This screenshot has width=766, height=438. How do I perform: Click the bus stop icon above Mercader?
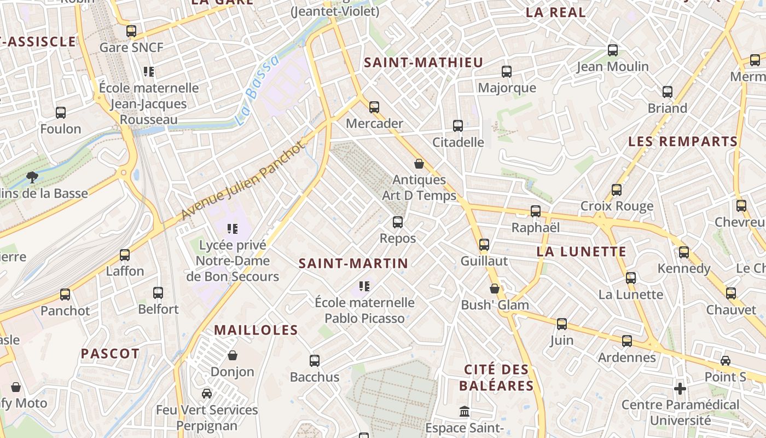[x=374, y=107]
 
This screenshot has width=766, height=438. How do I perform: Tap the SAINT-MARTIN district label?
[x=353, y=263]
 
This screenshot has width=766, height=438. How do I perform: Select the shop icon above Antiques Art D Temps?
[x=419, y=164]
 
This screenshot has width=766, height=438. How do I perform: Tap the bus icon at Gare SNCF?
[x=131, y=31]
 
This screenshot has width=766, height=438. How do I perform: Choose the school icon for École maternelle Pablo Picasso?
[x=364, y=286]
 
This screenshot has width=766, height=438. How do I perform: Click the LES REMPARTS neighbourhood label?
[x=683, y=142]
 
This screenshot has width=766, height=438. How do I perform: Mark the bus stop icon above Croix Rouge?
[x=617, y=190]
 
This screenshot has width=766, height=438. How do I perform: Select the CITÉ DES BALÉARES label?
[x=496, y=378]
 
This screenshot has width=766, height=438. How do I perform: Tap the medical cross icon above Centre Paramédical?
[x=680, y=389]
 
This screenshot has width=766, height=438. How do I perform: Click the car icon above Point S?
[x=726, y=361]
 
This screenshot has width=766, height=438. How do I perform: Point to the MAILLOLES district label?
[x=256, y=330]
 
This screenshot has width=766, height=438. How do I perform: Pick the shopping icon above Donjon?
[x=233, y=355]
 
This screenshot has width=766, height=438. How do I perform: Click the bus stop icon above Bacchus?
[x=315, y=361]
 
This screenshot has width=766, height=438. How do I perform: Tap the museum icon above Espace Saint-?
[x=465, y=411]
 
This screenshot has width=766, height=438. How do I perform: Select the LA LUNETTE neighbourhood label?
[x=582, y=252]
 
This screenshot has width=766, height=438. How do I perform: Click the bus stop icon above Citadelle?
[x=458, y=126]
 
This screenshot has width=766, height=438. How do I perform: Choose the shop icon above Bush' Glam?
[x=495, y=289]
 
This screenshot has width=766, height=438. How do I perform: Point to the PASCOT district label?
[x=110, y=354]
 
